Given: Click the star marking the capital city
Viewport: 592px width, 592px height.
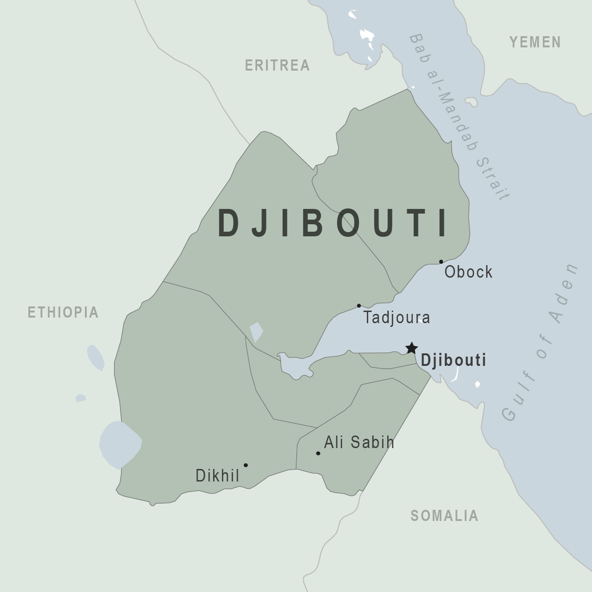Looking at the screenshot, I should tap(411, 348).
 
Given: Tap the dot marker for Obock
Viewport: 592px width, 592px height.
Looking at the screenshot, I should tap(441, 262).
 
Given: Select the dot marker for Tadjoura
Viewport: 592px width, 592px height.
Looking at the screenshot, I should tap(359, 306).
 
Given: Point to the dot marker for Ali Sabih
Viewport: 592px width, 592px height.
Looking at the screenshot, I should tap(318, 453).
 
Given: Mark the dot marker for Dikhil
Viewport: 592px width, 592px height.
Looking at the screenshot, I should tap(246, 465).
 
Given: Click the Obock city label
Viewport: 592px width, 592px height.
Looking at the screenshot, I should tap(468, 272).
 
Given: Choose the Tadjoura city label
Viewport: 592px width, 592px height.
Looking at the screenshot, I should tap(397, 318).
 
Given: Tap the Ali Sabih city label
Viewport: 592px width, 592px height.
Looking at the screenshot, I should tap(359, 442).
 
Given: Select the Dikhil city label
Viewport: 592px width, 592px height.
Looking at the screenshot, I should tap(217, 475).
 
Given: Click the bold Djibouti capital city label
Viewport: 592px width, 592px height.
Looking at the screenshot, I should tap(453, 360).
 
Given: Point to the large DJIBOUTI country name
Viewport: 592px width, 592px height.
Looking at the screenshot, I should tap(333, 223).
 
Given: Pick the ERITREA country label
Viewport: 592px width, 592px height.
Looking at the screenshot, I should tap(277, 65).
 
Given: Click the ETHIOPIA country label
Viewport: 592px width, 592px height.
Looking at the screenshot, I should tap(63, 312).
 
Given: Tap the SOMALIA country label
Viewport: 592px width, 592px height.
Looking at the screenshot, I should tap(444, 515).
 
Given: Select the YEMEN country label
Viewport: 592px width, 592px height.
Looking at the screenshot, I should tap(535, 42).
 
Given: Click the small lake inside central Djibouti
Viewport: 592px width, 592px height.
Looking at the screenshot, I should tap(256, 332).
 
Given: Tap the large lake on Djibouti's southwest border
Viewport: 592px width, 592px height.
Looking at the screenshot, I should tap(120, 444).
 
